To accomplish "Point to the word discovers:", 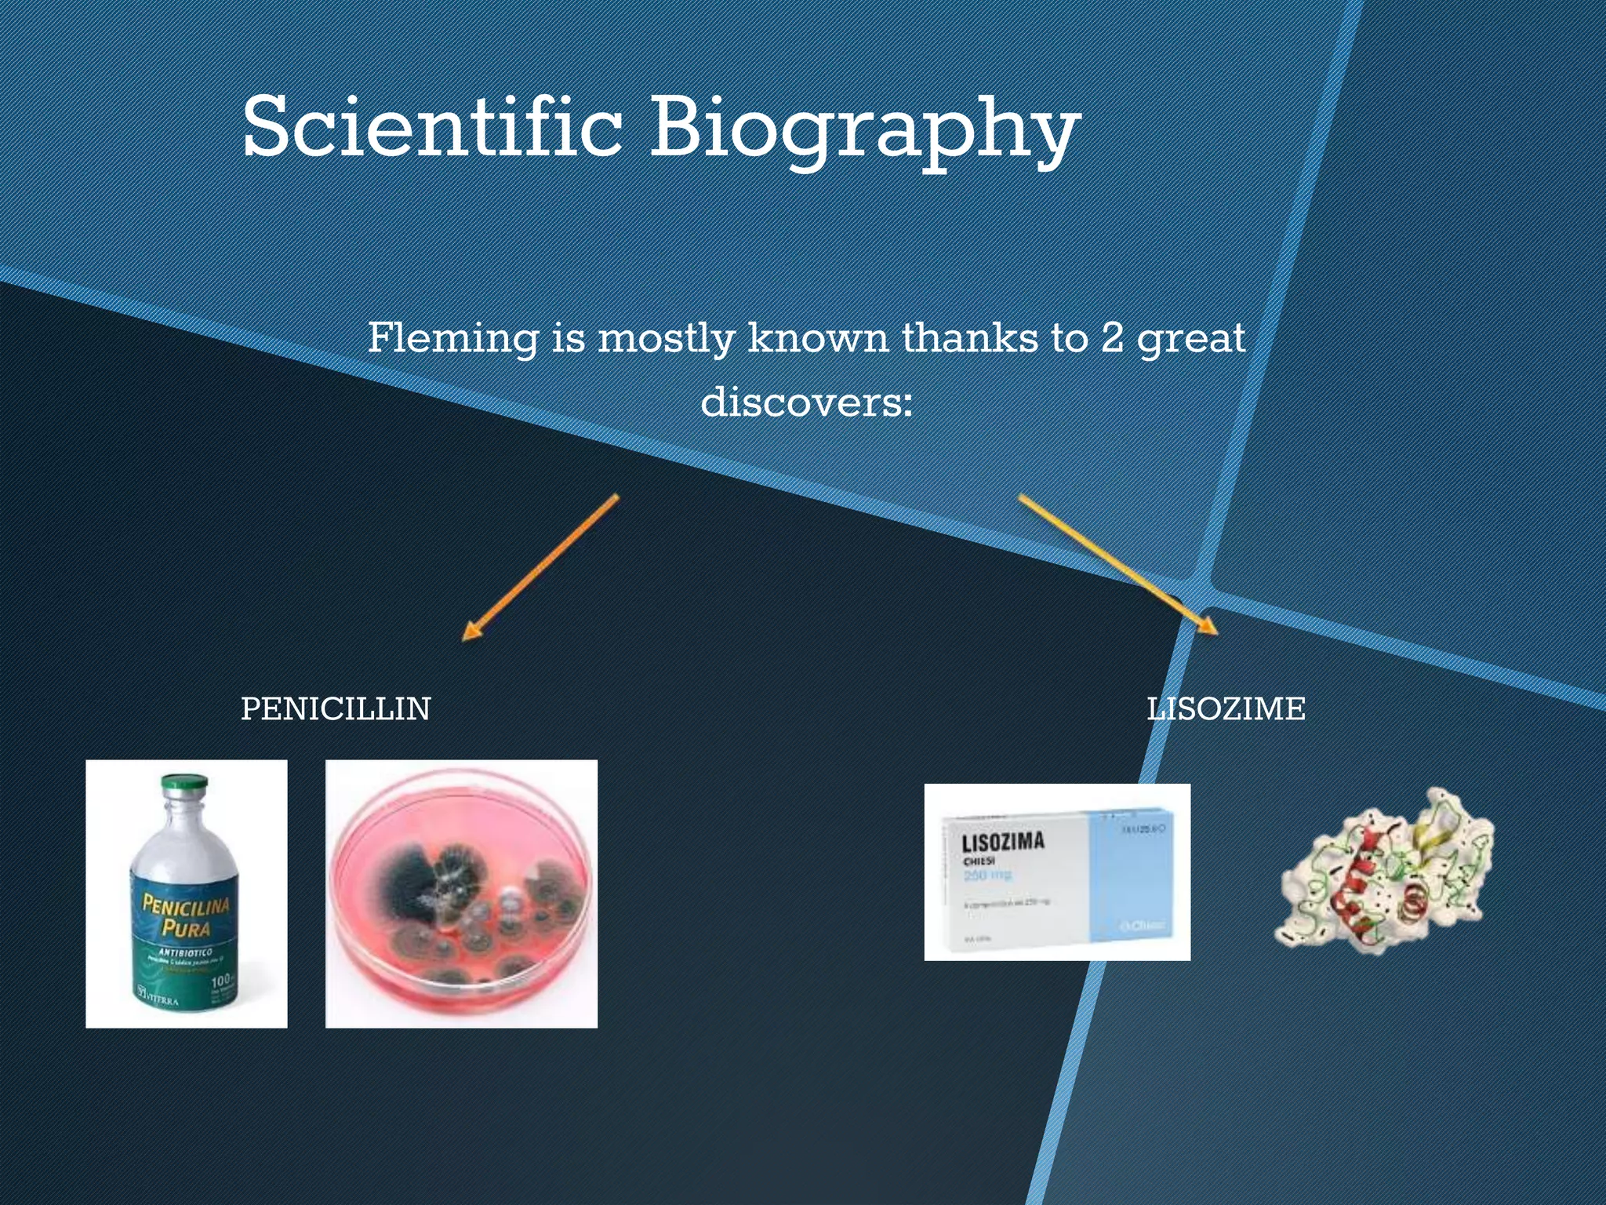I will click(807, 402).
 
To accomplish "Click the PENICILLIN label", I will click(336, 708).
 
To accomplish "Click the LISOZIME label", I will click(1226, 708).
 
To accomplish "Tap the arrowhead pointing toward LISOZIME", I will click(1208, 625).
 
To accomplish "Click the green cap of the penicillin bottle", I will click(184, 785).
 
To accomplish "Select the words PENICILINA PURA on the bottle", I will click(186, 916).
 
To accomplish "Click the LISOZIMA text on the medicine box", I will click(1003, 842).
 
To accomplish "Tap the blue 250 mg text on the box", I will click(987, 874).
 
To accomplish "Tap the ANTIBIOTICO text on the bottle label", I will click(185, 952).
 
